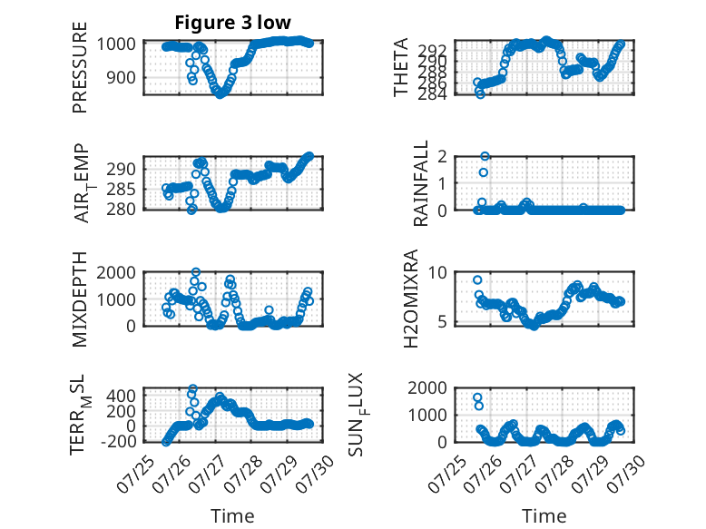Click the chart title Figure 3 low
pos(233,23)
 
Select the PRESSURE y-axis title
pos(79,67)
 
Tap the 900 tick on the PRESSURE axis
pos(121,77)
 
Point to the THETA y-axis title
pos(400,67)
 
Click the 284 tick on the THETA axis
pos(432,94)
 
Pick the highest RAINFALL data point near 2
pos(485,156)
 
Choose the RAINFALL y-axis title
pos(420,183)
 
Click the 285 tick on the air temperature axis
pos(121,190)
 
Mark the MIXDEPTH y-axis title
pos(79,299)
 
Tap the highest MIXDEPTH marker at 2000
pos(196,272)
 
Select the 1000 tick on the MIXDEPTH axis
pos(116,299)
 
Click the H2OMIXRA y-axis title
pos(411,299)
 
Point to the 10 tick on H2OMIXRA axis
pos(437,272)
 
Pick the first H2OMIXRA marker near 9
pos(477,280)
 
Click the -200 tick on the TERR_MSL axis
pos(118,442)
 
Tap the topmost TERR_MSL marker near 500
pos(192,388)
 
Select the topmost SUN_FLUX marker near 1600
pos(477,398)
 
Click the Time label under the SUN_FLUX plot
pos(544,516)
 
